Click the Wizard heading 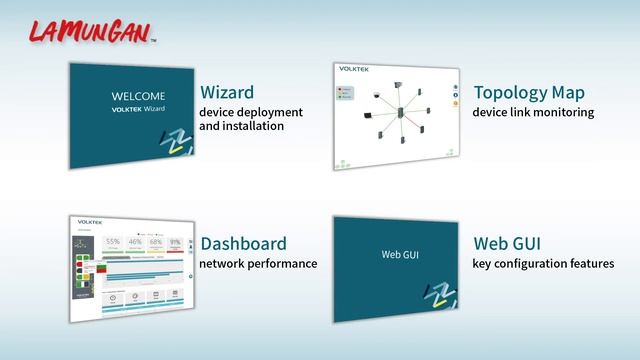click(227, 93)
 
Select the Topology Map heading click(528, 93)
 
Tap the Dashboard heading click(243, 243)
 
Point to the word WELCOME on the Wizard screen click(138, 96)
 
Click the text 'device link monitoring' click(533, 113)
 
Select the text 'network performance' click(258, 264)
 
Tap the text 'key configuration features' click(543, 264)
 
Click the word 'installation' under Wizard click(241, 127)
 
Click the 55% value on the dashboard click(113, 242)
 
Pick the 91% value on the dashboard click(176, 241)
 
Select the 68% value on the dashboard click(156, 242)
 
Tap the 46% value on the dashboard click(135, 242)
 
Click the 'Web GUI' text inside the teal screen click(397, 254)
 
